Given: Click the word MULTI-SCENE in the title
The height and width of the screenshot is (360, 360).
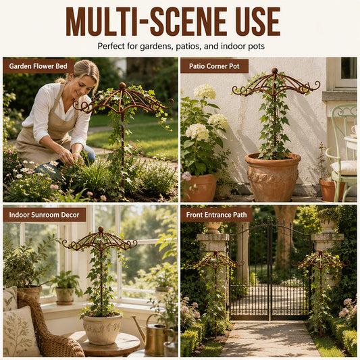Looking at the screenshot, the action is tap(147, 22).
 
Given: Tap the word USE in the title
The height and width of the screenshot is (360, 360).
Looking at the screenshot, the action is tap(257, 22).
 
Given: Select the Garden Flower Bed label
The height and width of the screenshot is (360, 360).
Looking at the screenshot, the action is tap(38, 66).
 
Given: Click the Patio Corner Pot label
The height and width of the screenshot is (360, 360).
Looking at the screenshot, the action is tap(214, 66).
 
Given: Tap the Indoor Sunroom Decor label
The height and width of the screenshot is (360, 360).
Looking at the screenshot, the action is tap(45, 215).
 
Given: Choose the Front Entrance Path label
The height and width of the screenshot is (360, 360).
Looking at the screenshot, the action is tap(217, 215).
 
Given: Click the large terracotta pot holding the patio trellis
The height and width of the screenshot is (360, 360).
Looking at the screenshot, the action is tap(272, 176).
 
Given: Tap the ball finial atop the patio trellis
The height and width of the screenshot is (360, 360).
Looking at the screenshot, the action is tap(274, 70).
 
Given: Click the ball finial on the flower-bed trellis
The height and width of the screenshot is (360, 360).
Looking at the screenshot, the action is tap(122, 86).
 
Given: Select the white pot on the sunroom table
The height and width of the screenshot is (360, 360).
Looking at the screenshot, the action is tap(103, 329).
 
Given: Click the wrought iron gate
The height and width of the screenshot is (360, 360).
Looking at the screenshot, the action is tap(270, 271).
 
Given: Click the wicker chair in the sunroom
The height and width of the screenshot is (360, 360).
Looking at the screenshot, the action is tap(46, 330).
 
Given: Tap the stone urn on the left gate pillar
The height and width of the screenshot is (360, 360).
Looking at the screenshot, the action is tap(213, 227).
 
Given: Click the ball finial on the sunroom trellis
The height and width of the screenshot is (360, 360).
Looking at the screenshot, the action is tap(101, 229).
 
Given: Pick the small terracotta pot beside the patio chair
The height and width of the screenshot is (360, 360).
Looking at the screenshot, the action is tap(329, 188).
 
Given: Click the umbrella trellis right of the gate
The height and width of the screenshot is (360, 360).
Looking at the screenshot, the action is tap(320, 287).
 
